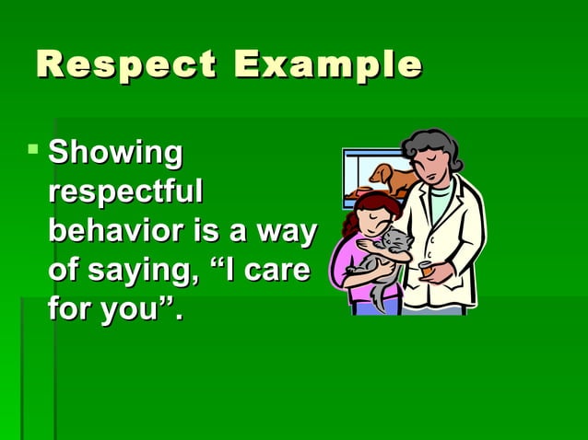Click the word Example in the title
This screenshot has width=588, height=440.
coord(328,65)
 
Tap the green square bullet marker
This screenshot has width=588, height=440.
coord(34,147)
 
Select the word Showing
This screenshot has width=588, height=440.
coord(115,153)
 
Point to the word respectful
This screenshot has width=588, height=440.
coord(124,192)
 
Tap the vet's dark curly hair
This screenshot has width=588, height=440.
coord(432,148)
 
